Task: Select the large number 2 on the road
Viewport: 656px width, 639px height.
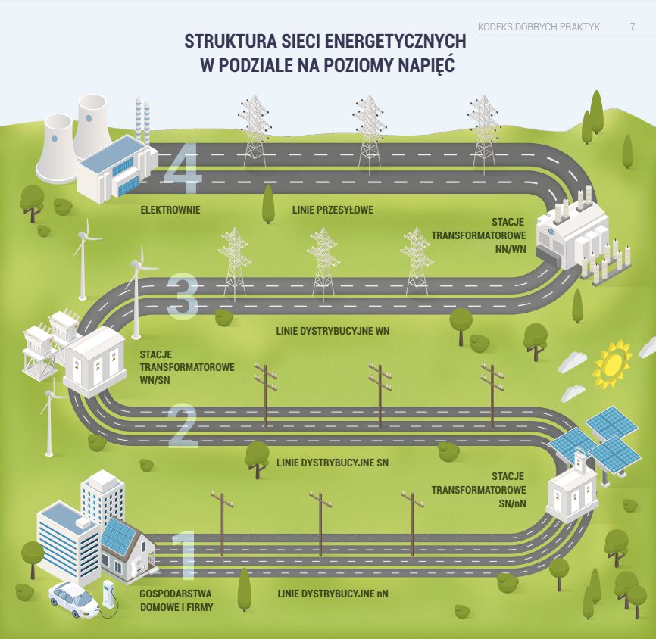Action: pos(183,426)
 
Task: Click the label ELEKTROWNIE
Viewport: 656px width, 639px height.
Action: pos(170,210)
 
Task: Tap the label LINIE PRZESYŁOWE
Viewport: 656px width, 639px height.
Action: pos(333,210)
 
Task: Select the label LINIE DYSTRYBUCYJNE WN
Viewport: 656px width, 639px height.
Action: pos(333,332)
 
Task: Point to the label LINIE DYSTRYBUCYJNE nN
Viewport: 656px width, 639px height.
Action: pos(333,594)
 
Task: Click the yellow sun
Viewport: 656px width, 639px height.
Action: pos(612,364)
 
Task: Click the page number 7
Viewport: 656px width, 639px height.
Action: pos(632,27)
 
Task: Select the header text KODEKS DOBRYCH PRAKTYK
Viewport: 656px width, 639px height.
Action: pos(539,27)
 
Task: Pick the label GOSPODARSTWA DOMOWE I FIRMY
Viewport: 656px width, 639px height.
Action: pos(176,600)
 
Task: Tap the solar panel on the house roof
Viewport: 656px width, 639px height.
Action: pos(120,536)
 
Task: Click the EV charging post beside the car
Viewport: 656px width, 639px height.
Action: pos(108,594)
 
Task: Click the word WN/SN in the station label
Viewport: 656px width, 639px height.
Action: pos(155,379)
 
